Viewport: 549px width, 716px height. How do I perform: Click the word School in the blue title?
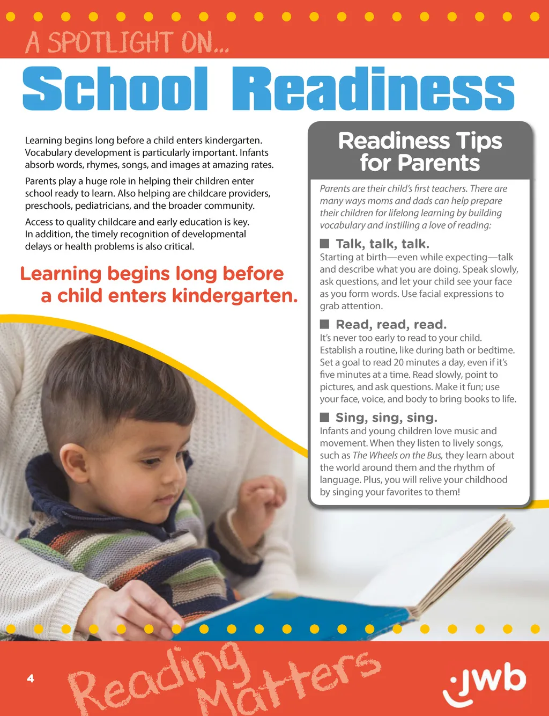[115, 89]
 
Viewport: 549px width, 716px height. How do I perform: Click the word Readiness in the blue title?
[373, 89]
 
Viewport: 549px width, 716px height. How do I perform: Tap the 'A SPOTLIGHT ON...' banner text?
[127, 43]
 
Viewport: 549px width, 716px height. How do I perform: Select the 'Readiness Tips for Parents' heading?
[420, 152]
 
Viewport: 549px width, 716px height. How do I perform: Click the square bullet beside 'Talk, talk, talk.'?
[324, 244]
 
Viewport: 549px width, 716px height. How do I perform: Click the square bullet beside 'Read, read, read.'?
[324, 324]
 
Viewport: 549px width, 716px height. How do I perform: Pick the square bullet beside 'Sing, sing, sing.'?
[324, 417]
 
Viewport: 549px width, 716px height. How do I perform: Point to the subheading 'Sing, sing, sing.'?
[386, 417]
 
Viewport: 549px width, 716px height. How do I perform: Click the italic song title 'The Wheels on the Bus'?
[397, 455]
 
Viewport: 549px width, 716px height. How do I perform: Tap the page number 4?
[31, 678]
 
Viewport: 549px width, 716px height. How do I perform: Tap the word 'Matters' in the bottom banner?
[290, 684]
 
